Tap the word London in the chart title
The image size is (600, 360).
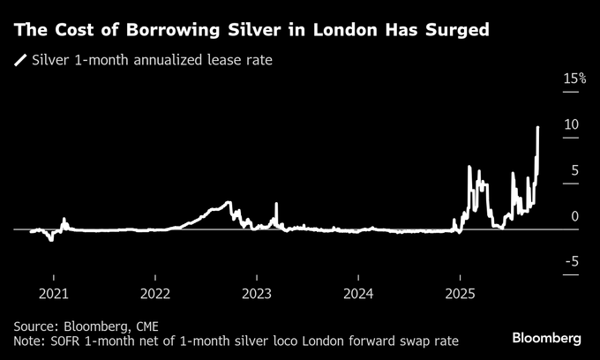tap(337, 30)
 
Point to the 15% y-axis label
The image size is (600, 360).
tap(574, 79)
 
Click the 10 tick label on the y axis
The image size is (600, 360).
tap(572, 124)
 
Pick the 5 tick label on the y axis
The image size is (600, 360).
tap(575, 170)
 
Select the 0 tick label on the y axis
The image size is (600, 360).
tap(575, 216)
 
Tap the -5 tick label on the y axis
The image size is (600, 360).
tap(573, 261)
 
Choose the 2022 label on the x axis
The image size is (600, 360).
tap(155, 292)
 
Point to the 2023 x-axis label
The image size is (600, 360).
tap(257, 292)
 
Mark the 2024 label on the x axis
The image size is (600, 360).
tap(359, 292)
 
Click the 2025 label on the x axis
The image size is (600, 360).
tap(461, 292)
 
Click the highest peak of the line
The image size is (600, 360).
tap(538, 128)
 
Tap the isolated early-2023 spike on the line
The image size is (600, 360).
tap(276, 205)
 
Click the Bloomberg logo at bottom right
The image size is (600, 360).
tap(547, 339)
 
